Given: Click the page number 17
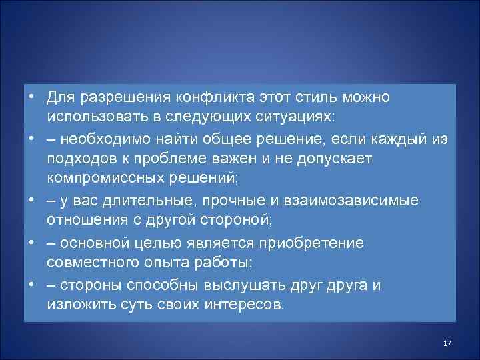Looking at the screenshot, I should (447, 343).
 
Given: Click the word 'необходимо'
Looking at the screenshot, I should (107, 139).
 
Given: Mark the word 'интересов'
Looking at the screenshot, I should (241, 305).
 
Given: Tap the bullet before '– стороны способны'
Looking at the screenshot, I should (32, 284).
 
